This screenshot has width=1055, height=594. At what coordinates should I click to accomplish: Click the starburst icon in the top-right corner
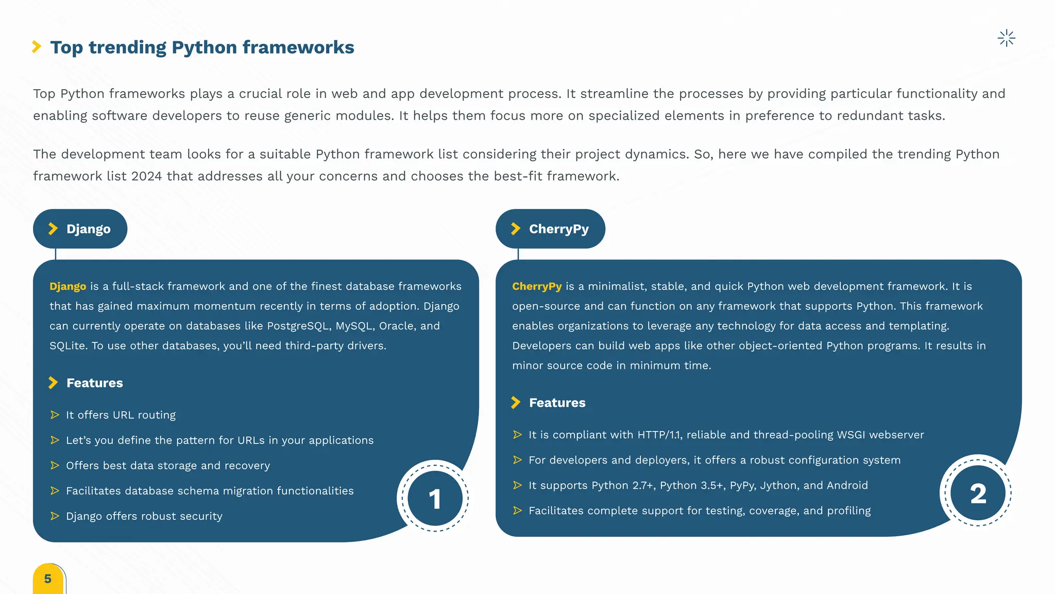(x=1006, y=38)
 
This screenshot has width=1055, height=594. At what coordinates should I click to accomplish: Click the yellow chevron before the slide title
(x=37, y=47)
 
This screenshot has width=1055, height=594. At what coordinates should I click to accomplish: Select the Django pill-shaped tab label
(x=80, y=229)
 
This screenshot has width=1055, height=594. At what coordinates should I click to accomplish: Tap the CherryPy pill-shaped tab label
(x=550, y=229)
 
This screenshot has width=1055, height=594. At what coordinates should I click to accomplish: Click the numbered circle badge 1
(x=435, y=498)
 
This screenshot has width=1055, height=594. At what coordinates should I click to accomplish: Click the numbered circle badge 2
(x=978, y=493)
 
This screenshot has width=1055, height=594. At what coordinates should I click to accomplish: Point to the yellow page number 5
(x=48, y=579)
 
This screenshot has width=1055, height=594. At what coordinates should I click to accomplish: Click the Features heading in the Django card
(x=95, y=383)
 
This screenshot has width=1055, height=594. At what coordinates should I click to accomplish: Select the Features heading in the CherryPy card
(x=557, y=403)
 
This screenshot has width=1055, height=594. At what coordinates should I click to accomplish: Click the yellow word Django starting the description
(x=68, y=286)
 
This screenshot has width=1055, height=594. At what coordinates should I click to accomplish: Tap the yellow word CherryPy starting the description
(x=537, y=286)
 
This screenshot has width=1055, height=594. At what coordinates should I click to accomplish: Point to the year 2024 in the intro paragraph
(x=147, y=176)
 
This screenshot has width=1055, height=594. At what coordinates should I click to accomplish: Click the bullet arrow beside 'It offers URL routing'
(x=55, y=415)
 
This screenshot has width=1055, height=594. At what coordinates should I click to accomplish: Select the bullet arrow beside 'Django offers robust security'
(x=55, y=516)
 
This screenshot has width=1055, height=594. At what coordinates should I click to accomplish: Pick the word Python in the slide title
(x=204, y=47)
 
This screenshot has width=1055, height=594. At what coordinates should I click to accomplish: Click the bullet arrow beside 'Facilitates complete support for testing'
(x=518, y=510)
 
